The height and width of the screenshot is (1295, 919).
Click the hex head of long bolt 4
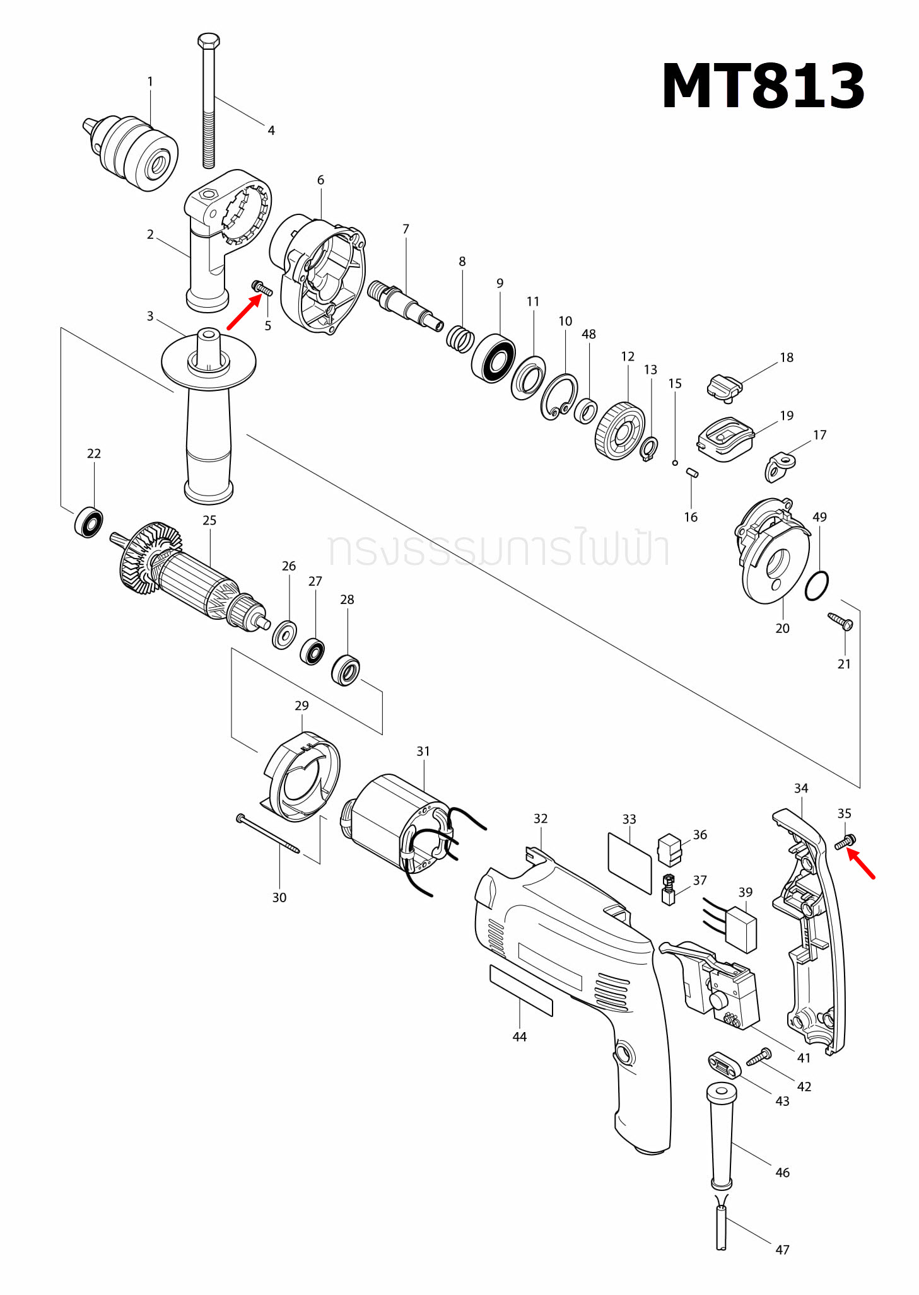tap(208, 41)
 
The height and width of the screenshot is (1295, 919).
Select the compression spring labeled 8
tap(460, 339)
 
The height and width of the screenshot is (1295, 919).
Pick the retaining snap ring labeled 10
tap(559, 397)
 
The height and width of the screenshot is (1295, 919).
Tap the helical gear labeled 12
tap(619, 431)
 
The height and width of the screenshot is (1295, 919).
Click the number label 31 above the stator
tap(423, 751)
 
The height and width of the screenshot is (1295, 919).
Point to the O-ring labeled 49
tap(817, 586)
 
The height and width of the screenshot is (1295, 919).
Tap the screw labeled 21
tap(840, 621)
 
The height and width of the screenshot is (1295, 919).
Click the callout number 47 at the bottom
tap(782, 1249)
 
